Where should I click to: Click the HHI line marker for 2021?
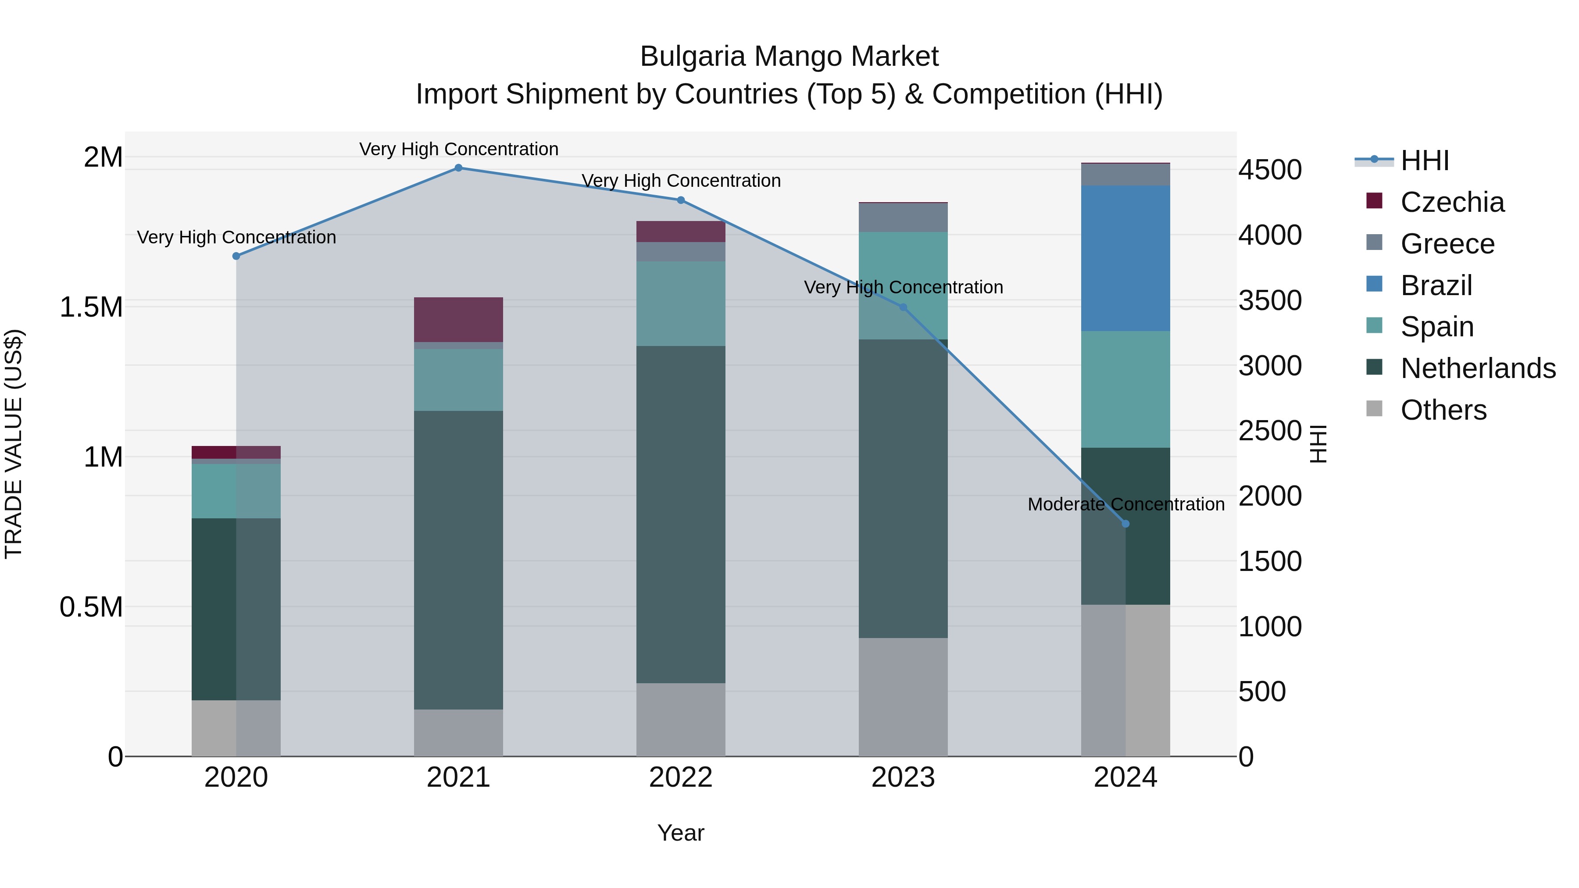pos(458,168)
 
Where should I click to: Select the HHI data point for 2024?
pos(1125,524)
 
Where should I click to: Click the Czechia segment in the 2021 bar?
pos(458,319)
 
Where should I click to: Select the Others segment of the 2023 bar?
pos(903,697)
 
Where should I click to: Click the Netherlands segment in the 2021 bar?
pos(458,560)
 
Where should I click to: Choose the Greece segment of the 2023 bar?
pos(903,217)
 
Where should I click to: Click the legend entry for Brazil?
pos(1436,285)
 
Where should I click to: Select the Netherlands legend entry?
pos(1477,368)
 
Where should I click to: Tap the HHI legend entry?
pos(1424,160)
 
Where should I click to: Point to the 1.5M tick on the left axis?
pos(91,307)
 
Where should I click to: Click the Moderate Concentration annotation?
pos(1125,504)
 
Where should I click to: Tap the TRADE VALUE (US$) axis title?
pos(14,444)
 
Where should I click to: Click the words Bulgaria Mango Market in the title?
pos(789,57)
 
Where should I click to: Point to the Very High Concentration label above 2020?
pos(236,237)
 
